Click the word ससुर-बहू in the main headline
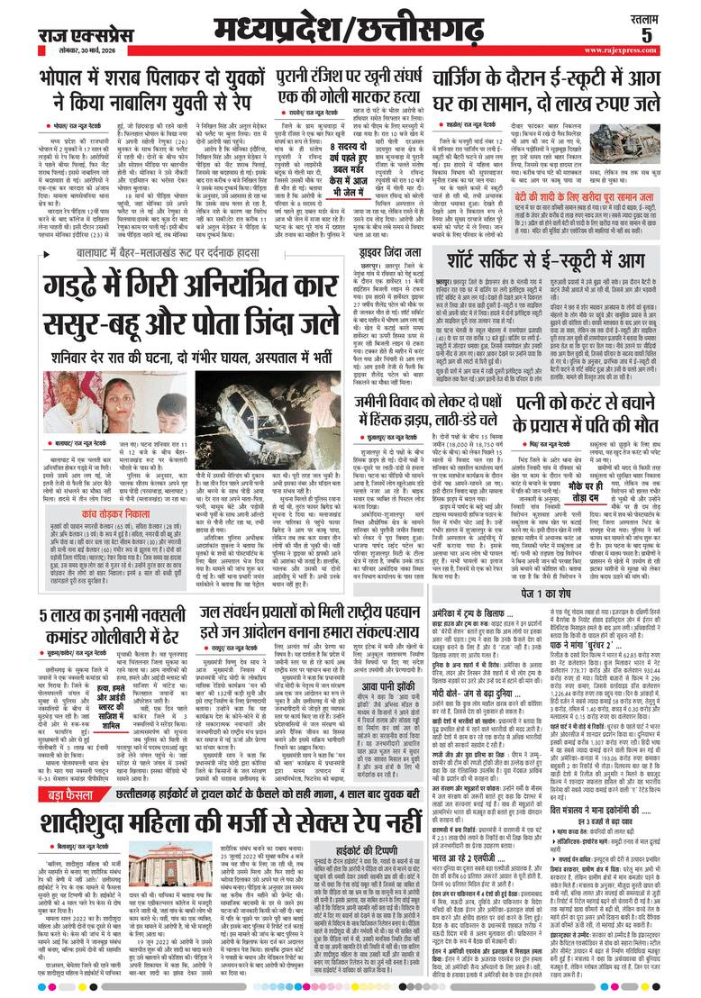[x=122, y=318]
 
